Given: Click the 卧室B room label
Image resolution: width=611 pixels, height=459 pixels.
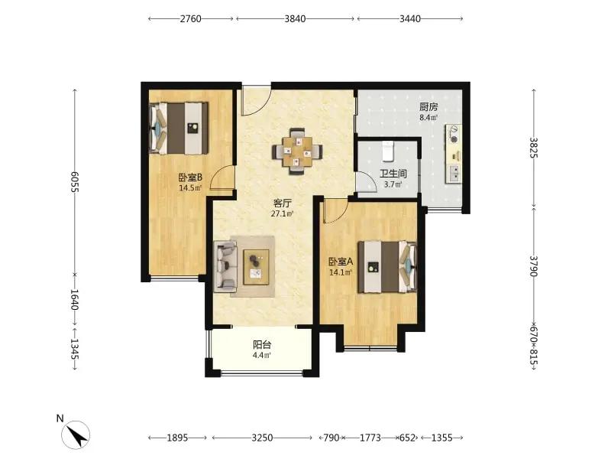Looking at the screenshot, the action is pos(190,177).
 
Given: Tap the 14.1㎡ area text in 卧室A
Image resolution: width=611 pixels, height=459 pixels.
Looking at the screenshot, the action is pos(341,272).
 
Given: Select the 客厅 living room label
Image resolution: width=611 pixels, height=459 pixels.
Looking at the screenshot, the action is pos(282,203).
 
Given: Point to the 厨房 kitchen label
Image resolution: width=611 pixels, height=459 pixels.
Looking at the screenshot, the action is pos(428,106).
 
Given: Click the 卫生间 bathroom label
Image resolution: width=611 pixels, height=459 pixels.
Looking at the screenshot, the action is pos(393,174).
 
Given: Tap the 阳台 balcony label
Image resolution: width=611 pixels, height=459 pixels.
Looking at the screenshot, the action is pos(262,345).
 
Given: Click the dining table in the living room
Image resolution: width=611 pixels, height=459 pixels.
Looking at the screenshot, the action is pos(297,151).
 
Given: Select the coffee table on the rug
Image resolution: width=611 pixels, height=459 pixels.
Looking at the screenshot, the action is pos(257,267).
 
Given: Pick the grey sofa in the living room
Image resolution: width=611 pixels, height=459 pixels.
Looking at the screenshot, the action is pos(225,266).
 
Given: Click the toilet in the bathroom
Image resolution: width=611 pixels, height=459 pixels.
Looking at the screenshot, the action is pos(388,151).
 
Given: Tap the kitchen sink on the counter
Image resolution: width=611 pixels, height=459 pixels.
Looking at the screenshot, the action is pos(454,174).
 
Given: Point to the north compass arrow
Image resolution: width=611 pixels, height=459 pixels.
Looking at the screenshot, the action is pos(76,435).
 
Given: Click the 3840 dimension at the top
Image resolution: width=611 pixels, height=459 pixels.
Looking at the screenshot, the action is pos(295,18).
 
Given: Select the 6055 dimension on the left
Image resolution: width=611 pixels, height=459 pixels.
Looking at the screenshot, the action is pos(74,181).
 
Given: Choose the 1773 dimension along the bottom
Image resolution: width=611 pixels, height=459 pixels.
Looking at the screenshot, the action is pos(370,438).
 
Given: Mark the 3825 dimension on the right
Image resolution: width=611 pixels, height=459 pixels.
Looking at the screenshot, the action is pos(533,148).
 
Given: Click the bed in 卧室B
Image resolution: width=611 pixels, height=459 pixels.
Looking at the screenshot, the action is pos(179,129).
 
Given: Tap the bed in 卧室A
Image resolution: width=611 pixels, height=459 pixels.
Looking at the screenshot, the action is pos(387,266).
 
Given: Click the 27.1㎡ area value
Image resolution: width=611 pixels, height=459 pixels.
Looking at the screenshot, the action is pos(282,213).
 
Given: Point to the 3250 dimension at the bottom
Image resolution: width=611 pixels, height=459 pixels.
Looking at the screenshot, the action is pos(262,438).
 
